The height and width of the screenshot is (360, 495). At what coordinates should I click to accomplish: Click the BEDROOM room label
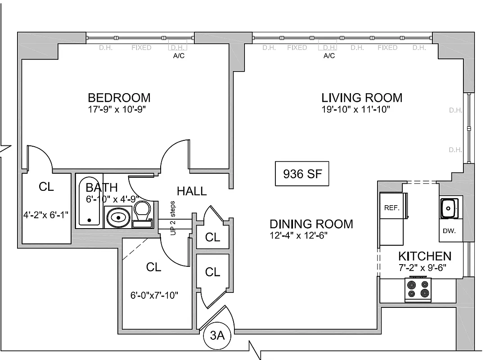[x=119, y=97]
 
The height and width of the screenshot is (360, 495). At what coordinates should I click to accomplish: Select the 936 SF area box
[x=302, y=174]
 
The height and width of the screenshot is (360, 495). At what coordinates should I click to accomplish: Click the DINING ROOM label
[x=311, y=224]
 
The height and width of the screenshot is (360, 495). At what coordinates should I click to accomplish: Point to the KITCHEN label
[x=424, y=256]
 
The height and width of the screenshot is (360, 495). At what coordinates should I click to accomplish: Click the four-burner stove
[x=418, y=290]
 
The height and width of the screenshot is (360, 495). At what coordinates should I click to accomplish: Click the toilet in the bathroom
[x=143, y=214]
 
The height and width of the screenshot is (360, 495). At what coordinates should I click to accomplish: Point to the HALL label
[x=192, y=191]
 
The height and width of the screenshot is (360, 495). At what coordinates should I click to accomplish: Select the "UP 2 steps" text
[x=172, y=215]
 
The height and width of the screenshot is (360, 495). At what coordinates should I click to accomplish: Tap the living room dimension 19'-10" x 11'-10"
[x=355, y=109]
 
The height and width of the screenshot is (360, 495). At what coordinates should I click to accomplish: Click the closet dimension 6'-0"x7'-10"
[x=153, y=295]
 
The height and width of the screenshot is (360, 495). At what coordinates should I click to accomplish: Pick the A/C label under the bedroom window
[x=179, y=56]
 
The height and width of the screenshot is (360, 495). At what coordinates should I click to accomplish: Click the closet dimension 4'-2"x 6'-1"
[x=46, y=214]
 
